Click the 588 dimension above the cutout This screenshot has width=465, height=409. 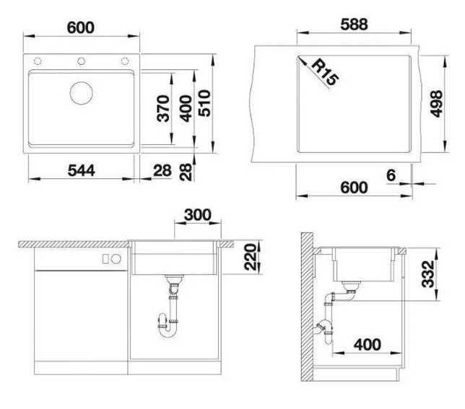pyautogui.click(x=354, y=25)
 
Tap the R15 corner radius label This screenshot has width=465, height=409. pyautogui.click(x=326, y=72)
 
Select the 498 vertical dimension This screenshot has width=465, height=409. pyautogui.click(x=436, y=104)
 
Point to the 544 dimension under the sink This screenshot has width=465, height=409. pyautogui.click(x=82, y=170)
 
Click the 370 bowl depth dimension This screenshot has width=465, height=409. pyautogui.click(x=163, y=108)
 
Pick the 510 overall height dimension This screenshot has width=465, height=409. pyautogui.click(x=204, y=103)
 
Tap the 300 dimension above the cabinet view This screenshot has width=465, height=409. pyautogui.click(x=198, y=215)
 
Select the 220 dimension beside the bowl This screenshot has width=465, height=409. pyautogui.click(x=250, y=257)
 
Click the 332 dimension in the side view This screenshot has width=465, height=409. pyautogui.click(x=428, y=274)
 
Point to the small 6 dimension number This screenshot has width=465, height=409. pyautogui.click(x=391, y=175)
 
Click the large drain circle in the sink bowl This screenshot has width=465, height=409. pyautogui.click(x=82, y=93)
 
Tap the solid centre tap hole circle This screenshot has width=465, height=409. pyautogui.click(x=81, y=61)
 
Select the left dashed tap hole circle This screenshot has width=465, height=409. pyautogui.click(x=38, y=61)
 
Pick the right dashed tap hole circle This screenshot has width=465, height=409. pyautogui.click(x=125, y=61)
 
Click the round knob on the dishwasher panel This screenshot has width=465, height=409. pyautogui.click(x=116, y=259)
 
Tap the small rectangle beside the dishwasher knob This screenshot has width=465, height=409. pyautogui.click(x=105, y=259)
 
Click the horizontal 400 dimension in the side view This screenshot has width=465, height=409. pyautogui.click(x=367, y=345)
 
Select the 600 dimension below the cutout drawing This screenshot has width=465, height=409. pyautogui.click(x=354, y=188)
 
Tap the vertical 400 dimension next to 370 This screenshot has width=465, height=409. pyautogui.click(x=186, y=108)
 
